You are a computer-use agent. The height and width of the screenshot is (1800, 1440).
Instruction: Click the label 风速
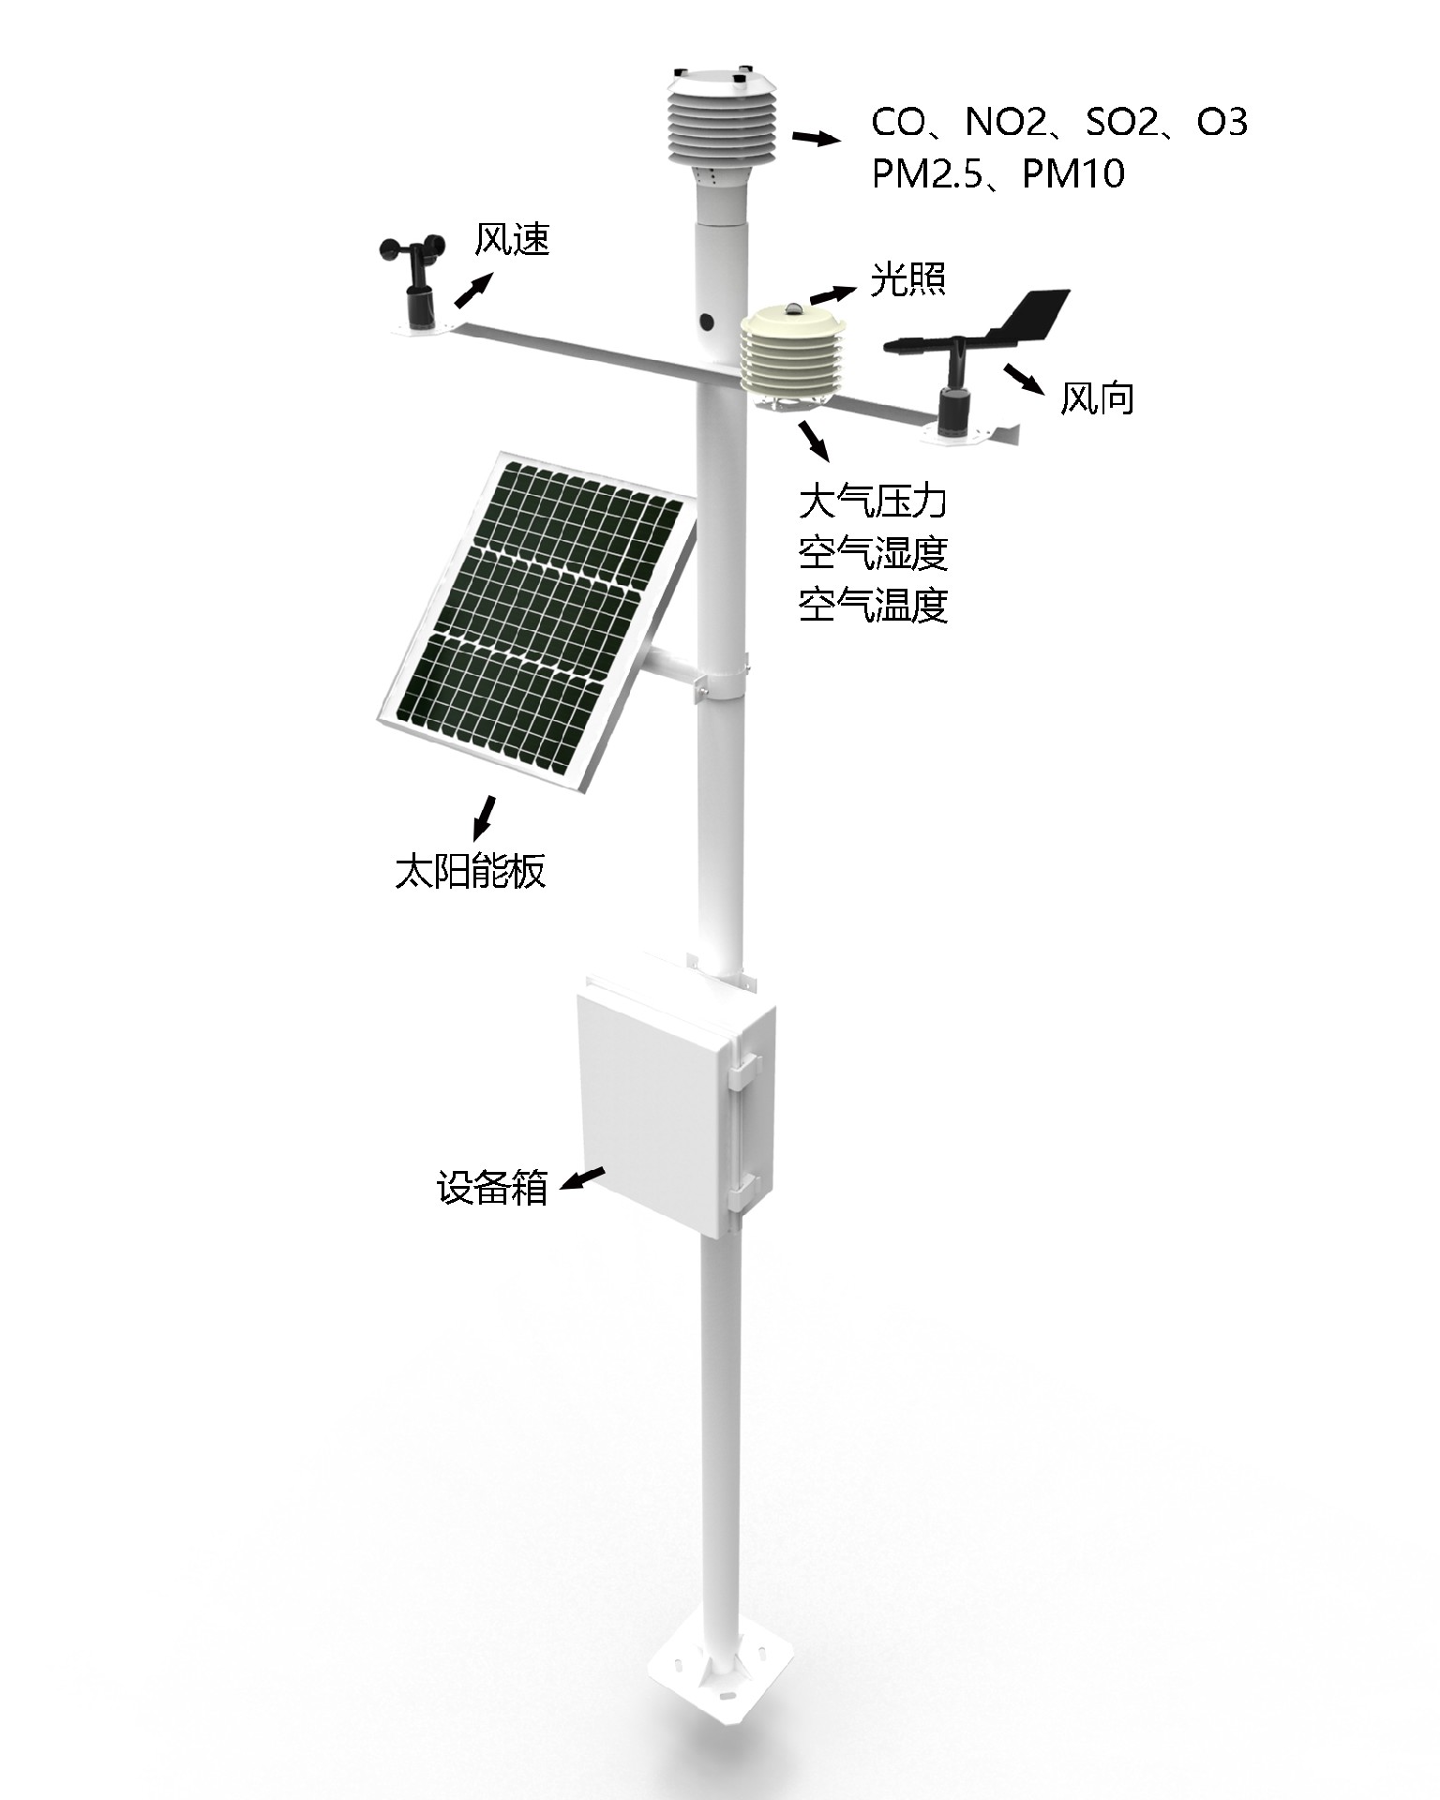coord(511,240)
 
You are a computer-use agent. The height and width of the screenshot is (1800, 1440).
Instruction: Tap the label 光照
coord(907,278)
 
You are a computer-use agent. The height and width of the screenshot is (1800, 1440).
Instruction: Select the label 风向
coord(1097,398)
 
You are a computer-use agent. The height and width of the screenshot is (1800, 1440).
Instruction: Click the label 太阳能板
coord(471,871)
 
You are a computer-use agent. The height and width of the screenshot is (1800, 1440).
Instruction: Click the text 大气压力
coord(873,501)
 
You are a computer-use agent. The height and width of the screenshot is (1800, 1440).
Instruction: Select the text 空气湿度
coord(873,553)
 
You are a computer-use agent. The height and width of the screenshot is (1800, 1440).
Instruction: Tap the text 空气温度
coord(873,606)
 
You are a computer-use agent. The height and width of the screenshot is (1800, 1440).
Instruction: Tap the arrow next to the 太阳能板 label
coord(484,817)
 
